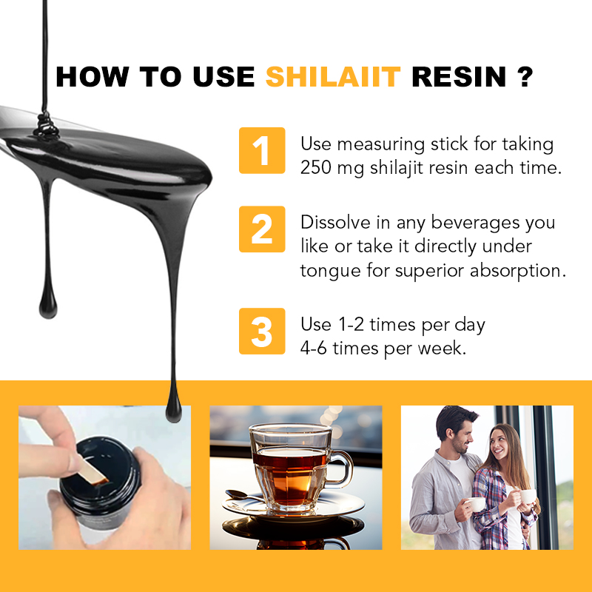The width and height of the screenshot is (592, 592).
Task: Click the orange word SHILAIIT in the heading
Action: [333, 77]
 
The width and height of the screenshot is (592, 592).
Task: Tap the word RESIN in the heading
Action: [459, 77]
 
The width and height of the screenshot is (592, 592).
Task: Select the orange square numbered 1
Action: [262, 150]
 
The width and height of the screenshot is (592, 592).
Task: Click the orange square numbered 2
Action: [262, 229]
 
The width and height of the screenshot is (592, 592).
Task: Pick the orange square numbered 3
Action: [262, 331]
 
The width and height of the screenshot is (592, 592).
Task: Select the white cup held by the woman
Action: [528, 496]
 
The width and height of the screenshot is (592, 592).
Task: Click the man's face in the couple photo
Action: [461, 437]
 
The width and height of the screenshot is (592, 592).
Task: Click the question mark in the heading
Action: [524, 77]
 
